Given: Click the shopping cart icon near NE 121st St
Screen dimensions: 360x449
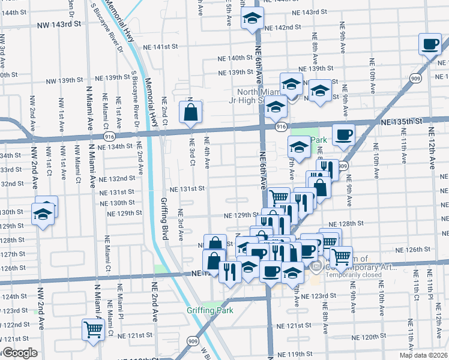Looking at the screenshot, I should tap(93, 329).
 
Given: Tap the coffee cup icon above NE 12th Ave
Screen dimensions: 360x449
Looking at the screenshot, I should tap(430, 44).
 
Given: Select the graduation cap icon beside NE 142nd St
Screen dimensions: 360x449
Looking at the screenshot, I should tap(252, 19).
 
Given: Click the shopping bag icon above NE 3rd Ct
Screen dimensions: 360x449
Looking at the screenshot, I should tap(190, 112).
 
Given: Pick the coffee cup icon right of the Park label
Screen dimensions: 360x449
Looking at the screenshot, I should tap(343, 134).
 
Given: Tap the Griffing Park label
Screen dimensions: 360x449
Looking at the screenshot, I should tap(209, 310).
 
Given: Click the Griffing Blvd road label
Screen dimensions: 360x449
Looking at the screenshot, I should tap(164, 218).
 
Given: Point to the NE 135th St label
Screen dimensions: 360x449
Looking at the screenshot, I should tap(406, 121).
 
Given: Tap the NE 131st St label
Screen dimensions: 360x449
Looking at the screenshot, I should tap(187, 188).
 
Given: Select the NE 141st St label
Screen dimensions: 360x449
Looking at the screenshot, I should tap(161, 47).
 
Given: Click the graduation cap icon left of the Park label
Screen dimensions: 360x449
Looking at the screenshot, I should tap(299, 146).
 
